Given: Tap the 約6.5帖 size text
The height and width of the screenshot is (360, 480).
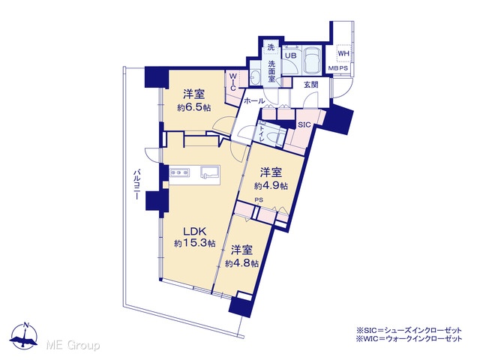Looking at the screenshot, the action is [x=193, y=108].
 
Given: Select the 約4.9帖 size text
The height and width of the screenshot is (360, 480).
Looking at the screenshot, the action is [x=271, y=186].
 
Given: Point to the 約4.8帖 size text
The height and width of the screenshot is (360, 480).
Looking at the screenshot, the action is [x=241, y=263].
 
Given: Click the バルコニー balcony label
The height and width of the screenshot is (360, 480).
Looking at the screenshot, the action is [x=136, y=184].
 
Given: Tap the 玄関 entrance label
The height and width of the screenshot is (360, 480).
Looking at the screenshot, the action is [x=310, y=85].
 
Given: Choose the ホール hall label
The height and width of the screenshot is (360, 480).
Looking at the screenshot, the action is [x=254, y=100].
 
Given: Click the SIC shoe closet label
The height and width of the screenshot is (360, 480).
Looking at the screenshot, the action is [x=304, y=125].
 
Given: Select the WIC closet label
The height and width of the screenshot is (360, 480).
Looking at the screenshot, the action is [x=232, y=82].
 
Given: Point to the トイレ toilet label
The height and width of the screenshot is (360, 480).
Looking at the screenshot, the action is [x=262, y=133].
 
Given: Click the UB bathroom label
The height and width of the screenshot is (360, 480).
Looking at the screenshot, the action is [x=291, y=56].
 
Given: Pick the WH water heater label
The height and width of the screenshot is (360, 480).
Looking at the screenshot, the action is [x=343, y=53].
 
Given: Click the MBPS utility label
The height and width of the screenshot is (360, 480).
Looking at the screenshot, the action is [x=338, y=68].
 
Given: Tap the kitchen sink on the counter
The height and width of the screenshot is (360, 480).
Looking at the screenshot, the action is [x=210, y=172].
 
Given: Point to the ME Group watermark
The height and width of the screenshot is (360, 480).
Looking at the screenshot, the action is [x=73, y=346].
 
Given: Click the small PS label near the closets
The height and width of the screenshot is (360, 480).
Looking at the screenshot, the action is [x=259, y=200].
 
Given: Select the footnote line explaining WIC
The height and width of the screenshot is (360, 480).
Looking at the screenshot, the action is [x=409, y=339].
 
